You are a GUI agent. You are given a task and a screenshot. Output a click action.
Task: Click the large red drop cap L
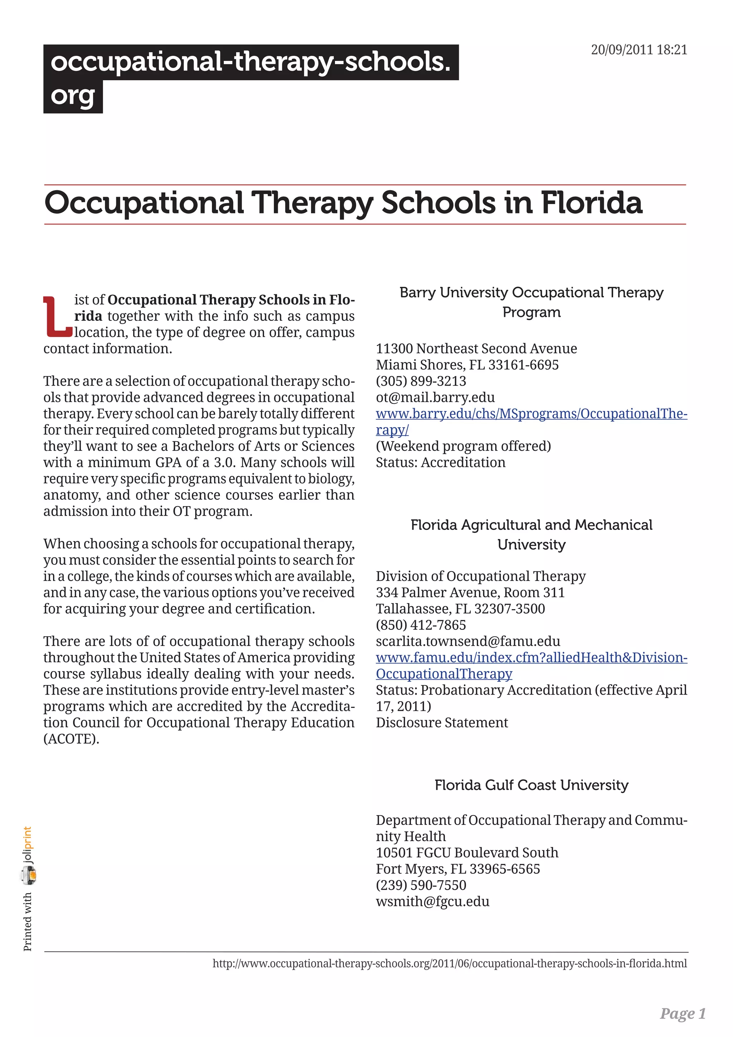57,317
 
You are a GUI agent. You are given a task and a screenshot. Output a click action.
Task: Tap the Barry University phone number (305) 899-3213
421,381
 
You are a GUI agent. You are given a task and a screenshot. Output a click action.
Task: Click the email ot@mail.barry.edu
435,397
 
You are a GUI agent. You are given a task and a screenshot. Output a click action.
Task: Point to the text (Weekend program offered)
463,446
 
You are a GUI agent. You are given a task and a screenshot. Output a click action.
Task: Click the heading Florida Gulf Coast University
531,785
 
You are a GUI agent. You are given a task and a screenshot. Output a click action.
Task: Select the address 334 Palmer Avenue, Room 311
470,593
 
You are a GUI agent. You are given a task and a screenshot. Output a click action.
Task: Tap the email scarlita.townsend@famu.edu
467,641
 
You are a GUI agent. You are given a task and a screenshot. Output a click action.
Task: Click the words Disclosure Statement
441,723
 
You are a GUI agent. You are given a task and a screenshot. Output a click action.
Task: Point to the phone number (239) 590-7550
421,885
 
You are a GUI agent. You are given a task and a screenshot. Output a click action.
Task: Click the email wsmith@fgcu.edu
432,902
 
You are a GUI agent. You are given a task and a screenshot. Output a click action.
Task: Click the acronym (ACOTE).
71,739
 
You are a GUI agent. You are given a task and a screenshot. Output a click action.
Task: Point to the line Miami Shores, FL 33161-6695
467,365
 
